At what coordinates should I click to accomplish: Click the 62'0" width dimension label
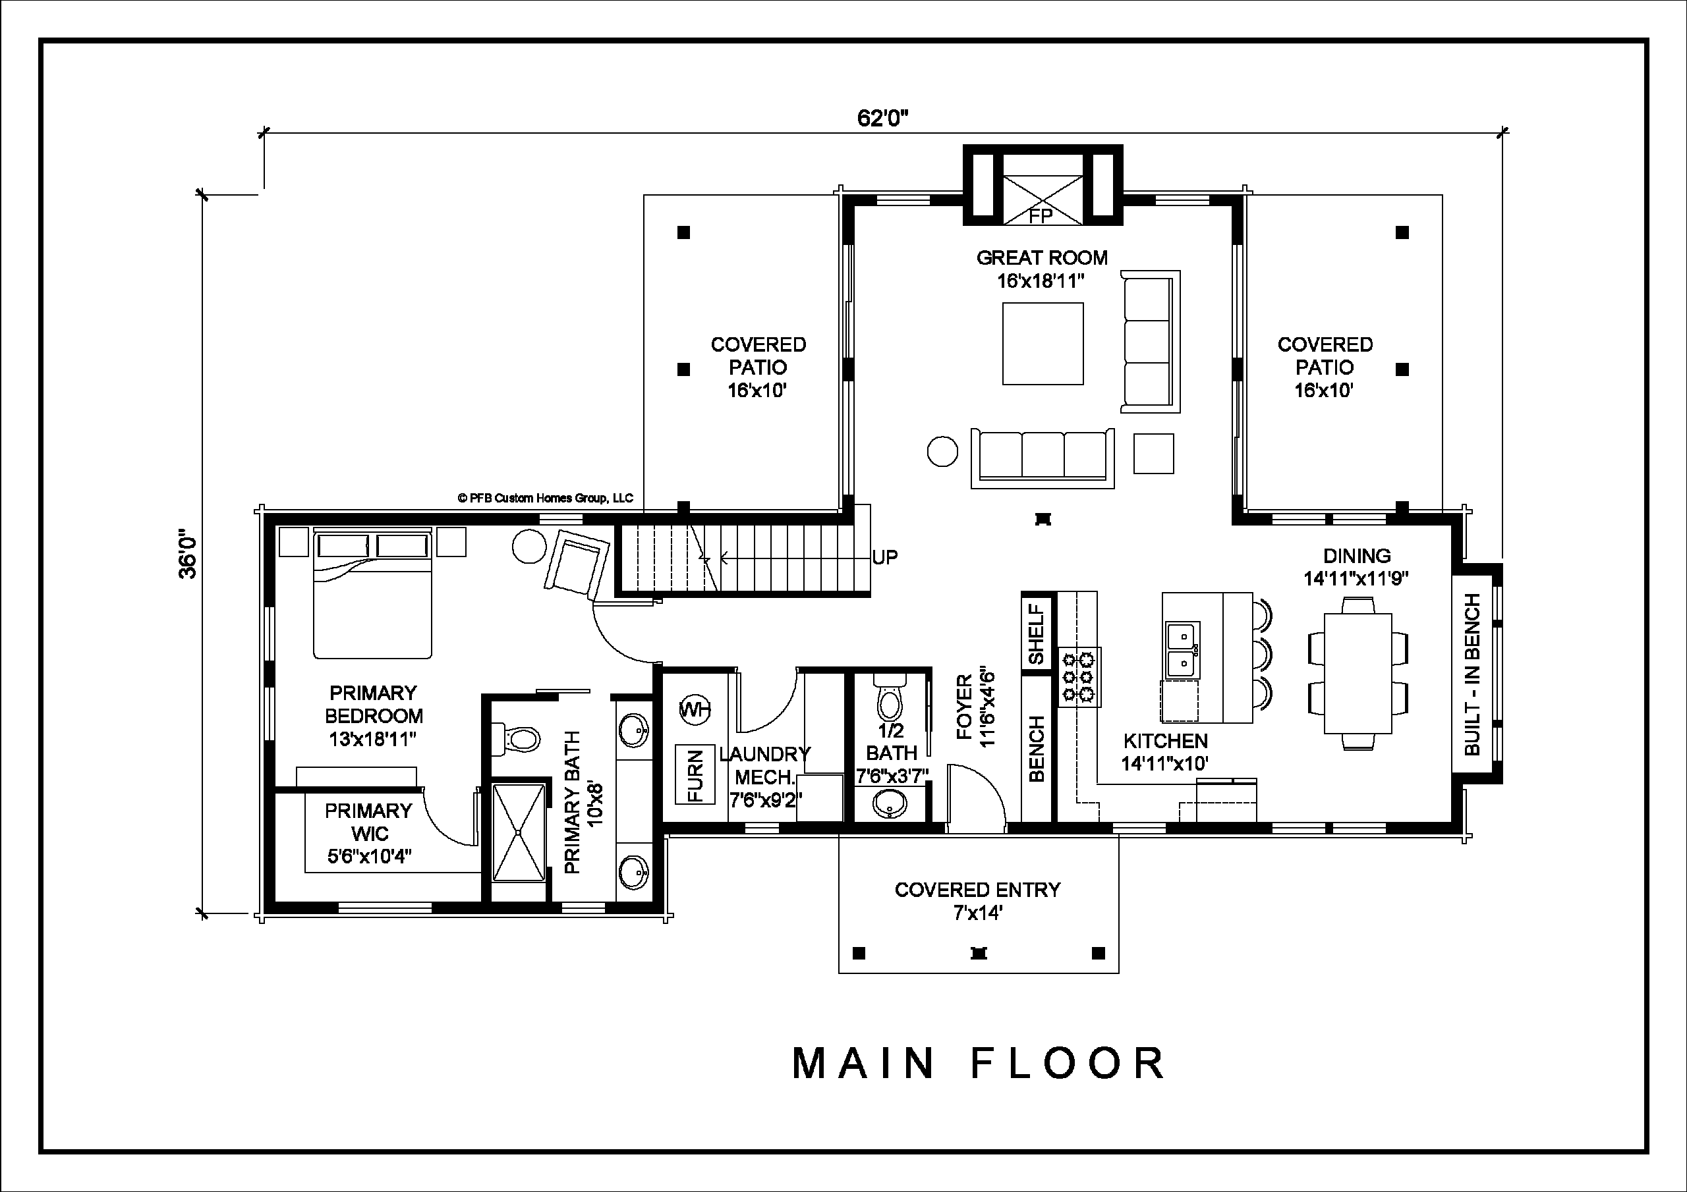pos(882,119)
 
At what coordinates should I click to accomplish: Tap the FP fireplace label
pos(1041,215)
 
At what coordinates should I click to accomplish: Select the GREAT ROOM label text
pos(1042,257)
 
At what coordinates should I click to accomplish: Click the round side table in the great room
pos(943,451)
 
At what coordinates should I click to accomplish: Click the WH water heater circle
pos(695,709)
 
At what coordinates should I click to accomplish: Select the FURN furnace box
pos(695,775)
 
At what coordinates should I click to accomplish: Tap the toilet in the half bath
pos(889,699)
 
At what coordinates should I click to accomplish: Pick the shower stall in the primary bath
pos(519,833)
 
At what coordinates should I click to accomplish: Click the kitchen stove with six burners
pos(1079,676)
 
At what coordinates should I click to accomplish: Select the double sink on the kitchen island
pos(1183,650)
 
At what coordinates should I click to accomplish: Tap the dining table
pos(1358,674)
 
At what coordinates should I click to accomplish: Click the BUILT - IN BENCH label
pos(1472,674)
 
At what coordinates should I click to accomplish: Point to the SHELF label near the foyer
pos(1036,634)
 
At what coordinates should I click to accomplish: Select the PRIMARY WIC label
pos(369,822)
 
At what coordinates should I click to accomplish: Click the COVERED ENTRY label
pos(977,890)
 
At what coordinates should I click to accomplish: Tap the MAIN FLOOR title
pos(979,1064)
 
